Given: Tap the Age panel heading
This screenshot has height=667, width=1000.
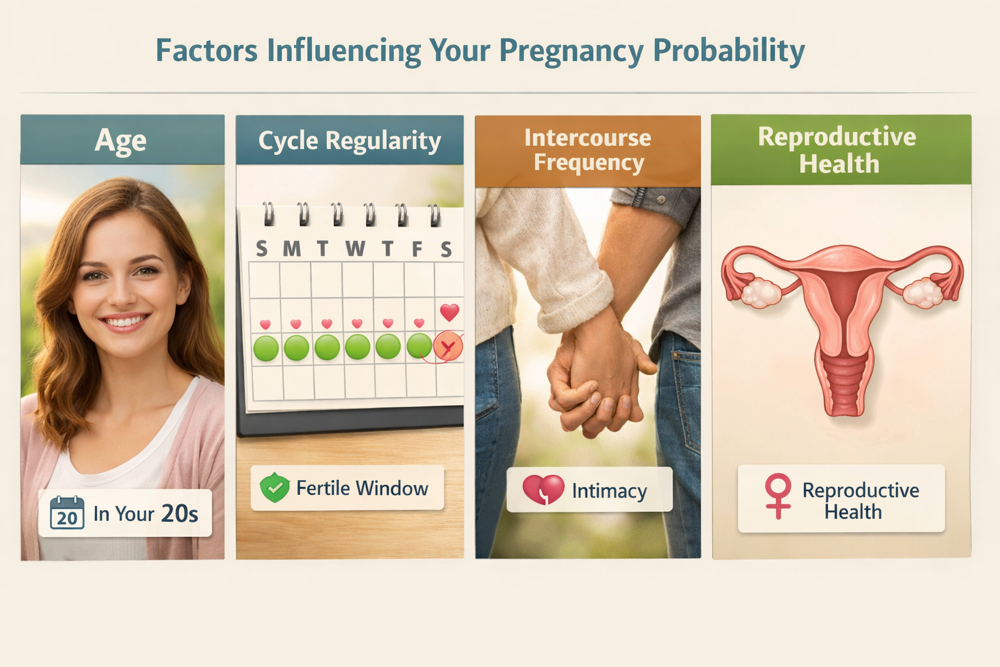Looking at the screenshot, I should click(x=120, y=140).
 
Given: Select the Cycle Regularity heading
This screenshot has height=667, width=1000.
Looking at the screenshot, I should click(x=350, y=141).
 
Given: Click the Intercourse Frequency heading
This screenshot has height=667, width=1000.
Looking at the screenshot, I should click(x=588, y=150).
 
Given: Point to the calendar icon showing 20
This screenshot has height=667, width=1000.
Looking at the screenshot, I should click(x=67, y=513).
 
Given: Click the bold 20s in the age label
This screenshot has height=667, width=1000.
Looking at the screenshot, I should click(x=180, y=513).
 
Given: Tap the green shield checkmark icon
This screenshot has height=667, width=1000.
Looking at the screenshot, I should click(x=275, y=487).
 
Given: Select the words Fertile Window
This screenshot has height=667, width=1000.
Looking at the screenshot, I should click(x=362, y=488).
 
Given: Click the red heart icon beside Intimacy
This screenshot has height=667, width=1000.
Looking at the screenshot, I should click(x=544, y=490).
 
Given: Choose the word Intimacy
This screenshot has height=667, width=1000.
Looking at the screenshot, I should click(x=609, y=490).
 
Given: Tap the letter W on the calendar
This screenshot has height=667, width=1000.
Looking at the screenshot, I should click(x=355, y=248).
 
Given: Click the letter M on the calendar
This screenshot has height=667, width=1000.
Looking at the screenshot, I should click(x=292, y=248).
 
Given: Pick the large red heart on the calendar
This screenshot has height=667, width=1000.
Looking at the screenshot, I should click(x=449, y=312).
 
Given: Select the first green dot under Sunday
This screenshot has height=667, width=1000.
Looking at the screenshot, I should click(x=266, y=348).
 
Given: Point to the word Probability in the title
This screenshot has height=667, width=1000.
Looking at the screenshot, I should click(x=729, y=51).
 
